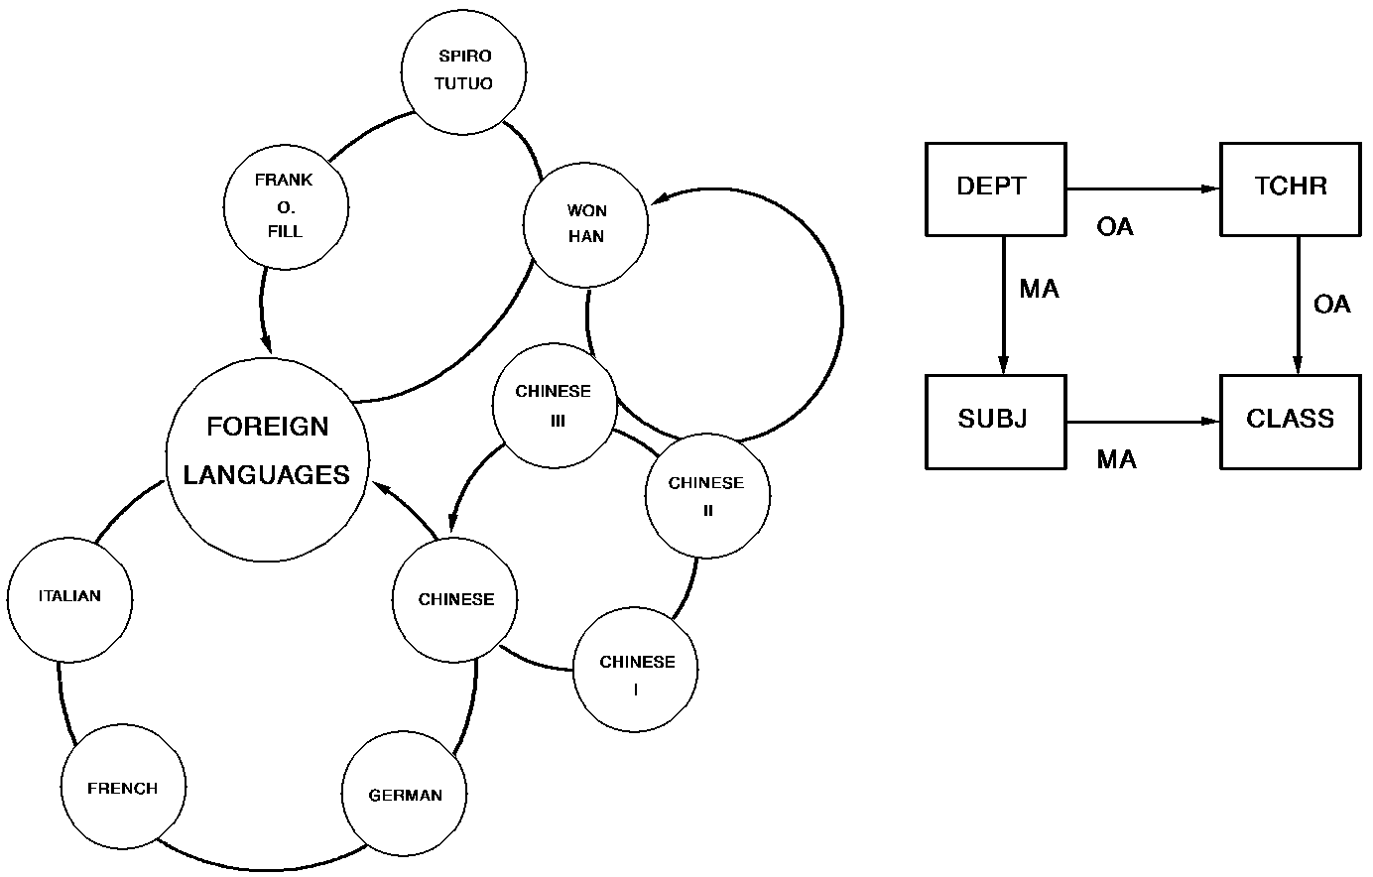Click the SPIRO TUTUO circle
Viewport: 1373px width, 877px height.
point(463,70)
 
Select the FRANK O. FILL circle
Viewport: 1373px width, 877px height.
point(286,205)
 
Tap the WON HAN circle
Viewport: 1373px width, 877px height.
point(586,224)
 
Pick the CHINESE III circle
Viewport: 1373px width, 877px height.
point(555,405)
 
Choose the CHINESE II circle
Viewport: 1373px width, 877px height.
point(706,496)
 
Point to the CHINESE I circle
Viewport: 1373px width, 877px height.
point(636,672)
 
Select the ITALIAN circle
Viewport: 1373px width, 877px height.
point(69,598)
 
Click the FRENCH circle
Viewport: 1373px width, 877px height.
point(123,789)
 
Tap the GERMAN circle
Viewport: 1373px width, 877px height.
point(405,795)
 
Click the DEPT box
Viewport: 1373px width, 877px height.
point(994,188)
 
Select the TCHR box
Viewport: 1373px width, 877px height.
point(1290,188)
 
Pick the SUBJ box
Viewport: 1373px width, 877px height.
point(994,421)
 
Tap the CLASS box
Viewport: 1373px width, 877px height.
point(1290,421)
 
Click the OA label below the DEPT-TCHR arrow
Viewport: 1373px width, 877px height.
point(1115,227)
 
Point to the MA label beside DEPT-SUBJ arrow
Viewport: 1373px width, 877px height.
point(1039,289)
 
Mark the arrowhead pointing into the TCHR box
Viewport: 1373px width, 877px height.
point(1210,188)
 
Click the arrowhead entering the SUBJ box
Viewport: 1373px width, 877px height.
point(1003,364)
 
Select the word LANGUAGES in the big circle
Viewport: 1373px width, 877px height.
point(267,474)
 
